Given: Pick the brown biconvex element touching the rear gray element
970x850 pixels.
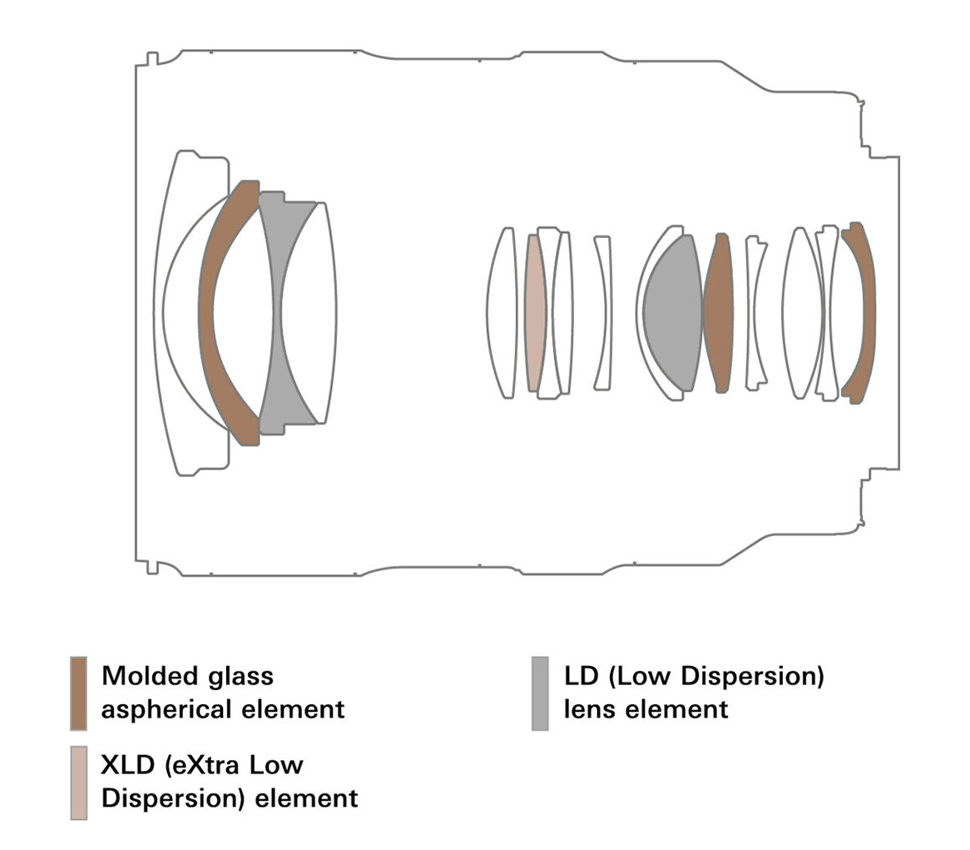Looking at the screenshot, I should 718,313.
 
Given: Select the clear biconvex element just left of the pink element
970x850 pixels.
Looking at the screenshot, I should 504,313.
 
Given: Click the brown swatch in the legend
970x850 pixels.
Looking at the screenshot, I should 79,693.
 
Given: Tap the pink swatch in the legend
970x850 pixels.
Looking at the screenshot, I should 79,782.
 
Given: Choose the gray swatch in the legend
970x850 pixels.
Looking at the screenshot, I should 540,693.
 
